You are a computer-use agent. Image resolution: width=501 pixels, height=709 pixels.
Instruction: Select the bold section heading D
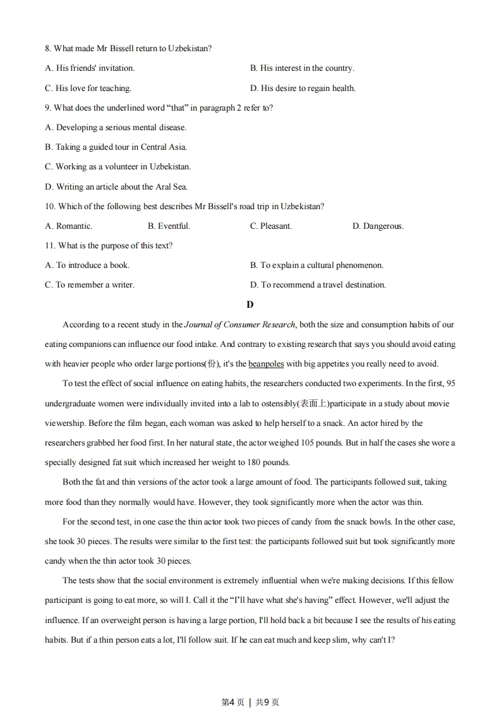tap(250, 305)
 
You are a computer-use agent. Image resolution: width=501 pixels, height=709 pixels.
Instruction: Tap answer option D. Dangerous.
tap(378, 226)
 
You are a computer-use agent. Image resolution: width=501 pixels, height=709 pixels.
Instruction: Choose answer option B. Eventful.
tap(169, 226)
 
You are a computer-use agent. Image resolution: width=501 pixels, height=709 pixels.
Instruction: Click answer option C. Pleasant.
tap(271, 226)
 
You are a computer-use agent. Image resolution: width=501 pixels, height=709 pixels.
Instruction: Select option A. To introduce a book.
tap(87, 265)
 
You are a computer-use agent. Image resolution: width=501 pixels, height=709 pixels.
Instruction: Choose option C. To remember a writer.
tap(89, 284)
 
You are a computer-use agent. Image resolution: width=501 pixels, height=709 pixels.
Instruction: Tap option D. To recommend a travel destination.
tap(318, 284)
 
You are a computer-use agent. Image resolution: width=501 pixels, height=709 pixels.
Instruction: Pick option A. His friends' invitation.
tap(90, 68)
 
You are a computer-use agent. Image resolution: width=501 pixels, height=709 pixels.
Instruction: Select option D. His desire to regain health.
tap(303, 88)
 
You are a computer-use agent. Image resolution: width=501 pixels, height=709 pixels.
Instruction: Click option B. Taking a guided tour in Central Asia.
tap(116, 147)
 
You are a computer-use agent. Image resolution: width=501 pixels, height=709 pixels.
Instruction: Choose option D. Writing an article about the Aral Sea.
tap(116, 186)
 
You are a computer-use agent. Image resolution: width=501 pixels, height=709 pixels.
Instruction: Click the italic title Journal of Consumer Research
tap(239, 324)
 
